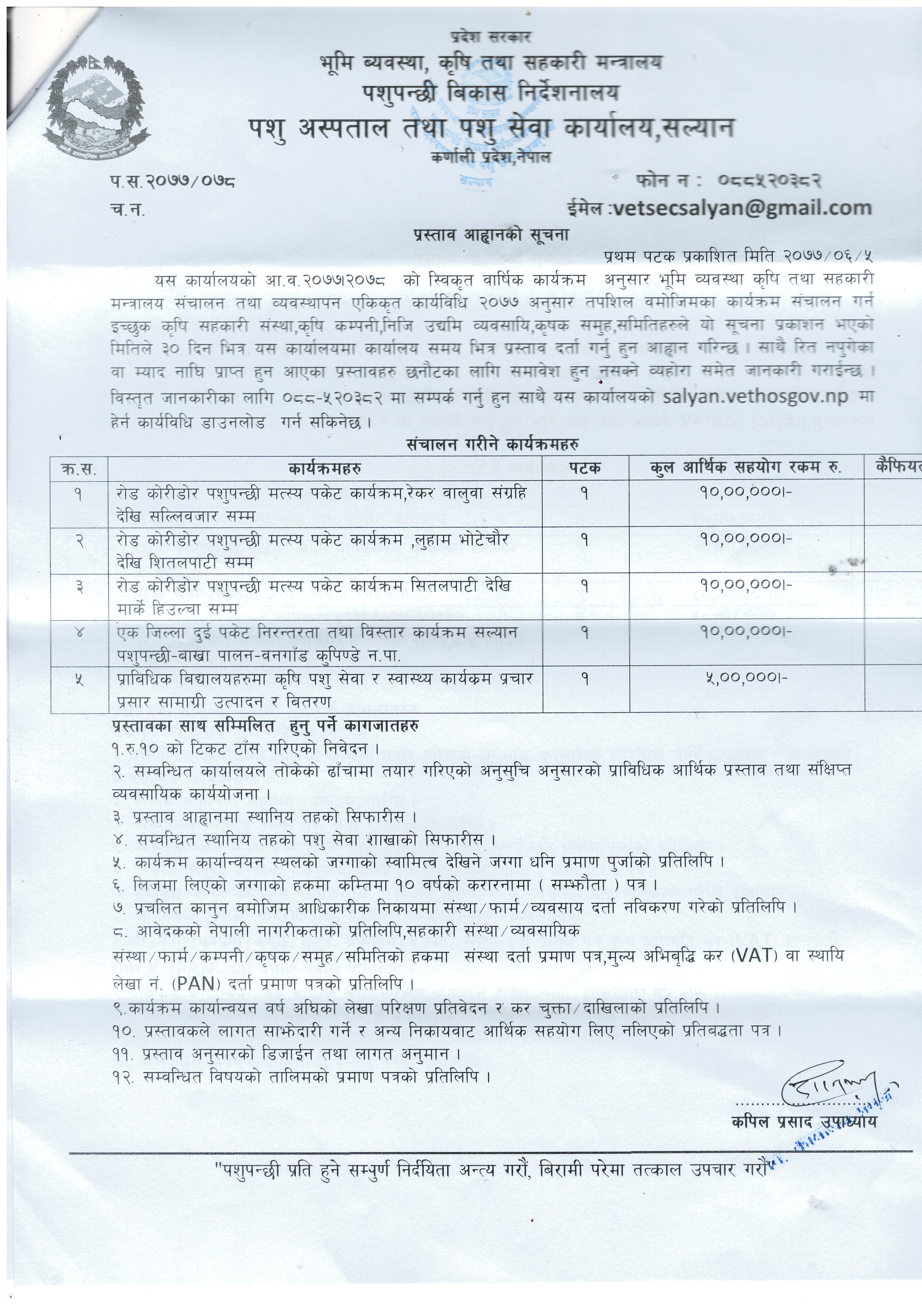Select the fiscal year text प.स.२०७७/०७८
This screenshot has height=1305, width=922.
(173, 182)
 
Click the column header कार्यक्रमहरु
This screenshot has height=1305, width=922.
(325, 468)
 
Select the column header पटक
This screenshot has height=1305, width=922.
(585, 468)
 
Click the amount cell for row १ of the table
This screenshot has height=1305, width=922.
(746, 492)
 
